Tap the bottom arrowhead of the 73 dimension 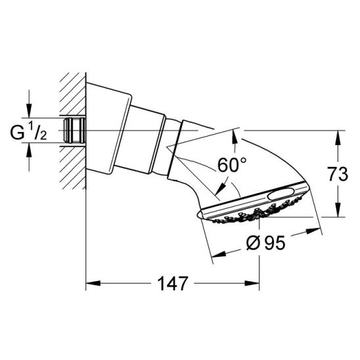coord(336,211)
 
